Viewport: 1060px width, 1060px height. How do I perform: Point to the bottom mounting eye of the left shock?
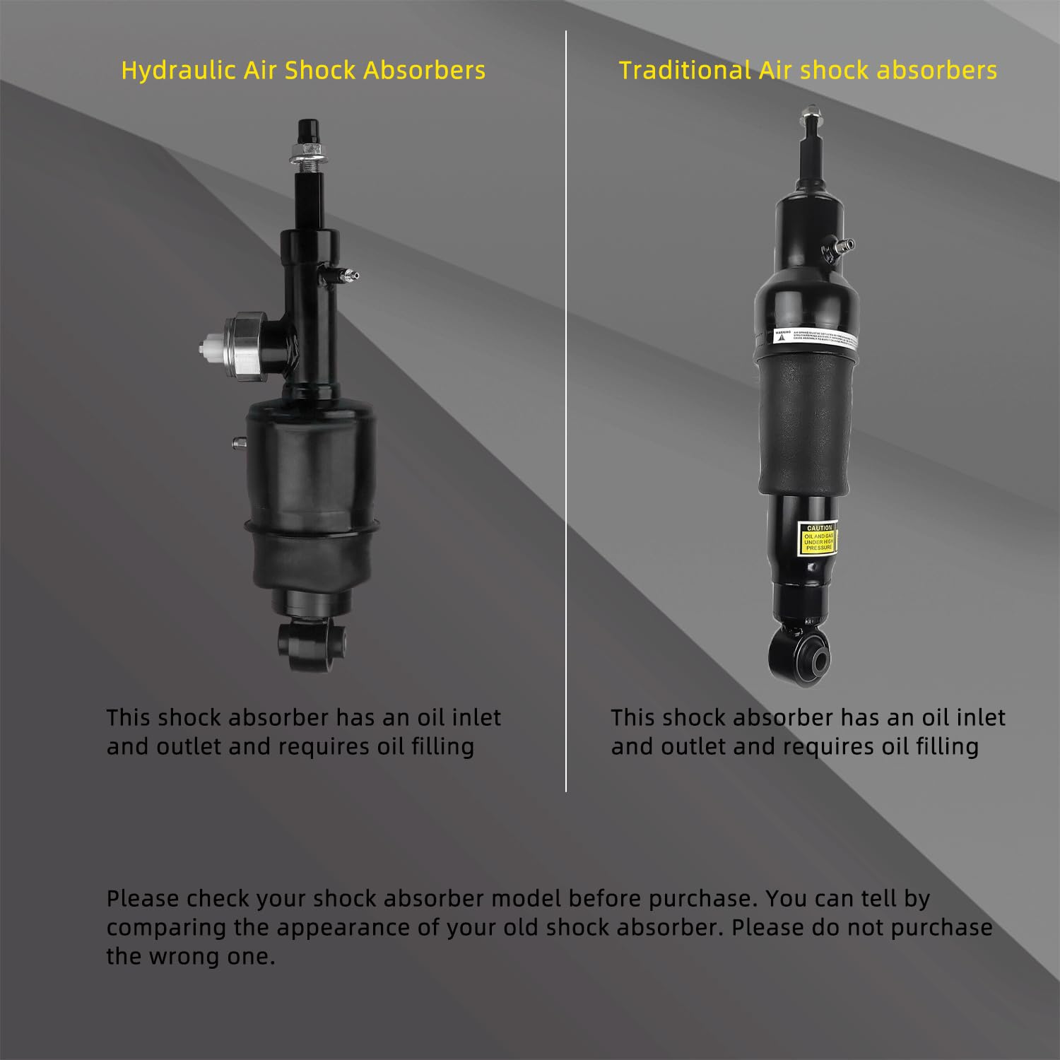point(311,641)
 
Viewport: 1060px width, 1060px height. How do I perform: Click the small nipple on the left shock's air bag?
point(238,443)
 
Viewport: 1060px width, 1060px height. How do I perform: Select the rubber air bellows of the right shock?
point(808,424)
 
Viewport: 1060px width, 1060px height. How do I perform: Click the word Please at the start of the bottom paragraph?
point(143,899)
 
